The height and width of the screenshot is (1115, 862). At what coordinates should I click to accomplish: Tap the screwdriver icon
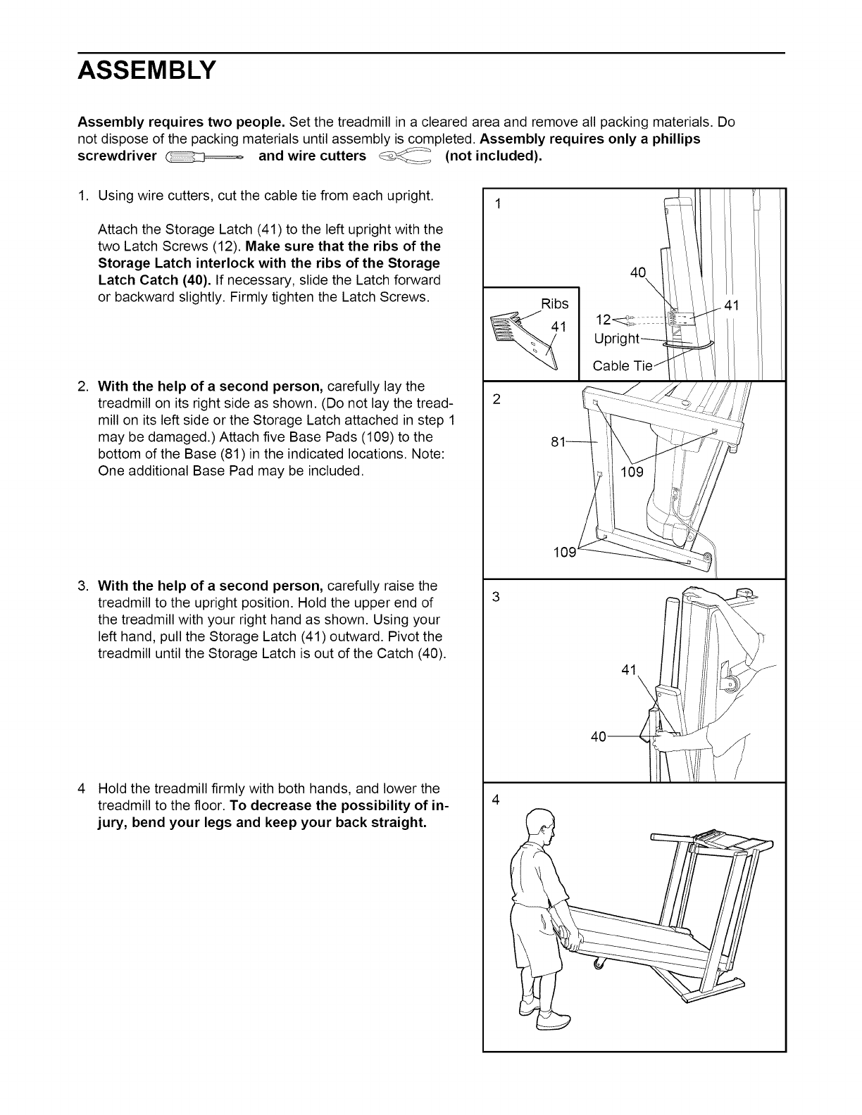pos(204,156)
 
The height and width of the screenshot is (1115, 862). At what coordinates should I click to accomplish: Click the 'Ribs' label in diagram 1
pos(555,303)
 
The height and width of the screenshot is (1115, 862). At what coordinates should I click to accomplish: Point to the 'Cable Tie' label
pos(623,366)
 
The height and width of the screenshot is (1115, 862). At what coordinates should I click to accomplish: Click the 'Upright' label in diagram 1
pos(617,339)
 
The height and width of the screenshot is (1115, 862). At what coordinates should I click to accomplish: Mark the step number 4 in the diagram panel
pos(497,800)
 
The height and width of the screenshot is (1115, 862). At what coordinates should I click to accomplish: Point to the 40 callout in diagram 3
pos(599,737)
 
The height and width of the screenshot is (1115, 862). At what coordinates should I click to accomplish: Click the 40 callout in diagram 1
pos(637,273)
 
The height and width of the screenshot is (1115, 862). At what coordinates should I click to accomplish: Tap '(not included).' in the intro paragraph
pos(494,156)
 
